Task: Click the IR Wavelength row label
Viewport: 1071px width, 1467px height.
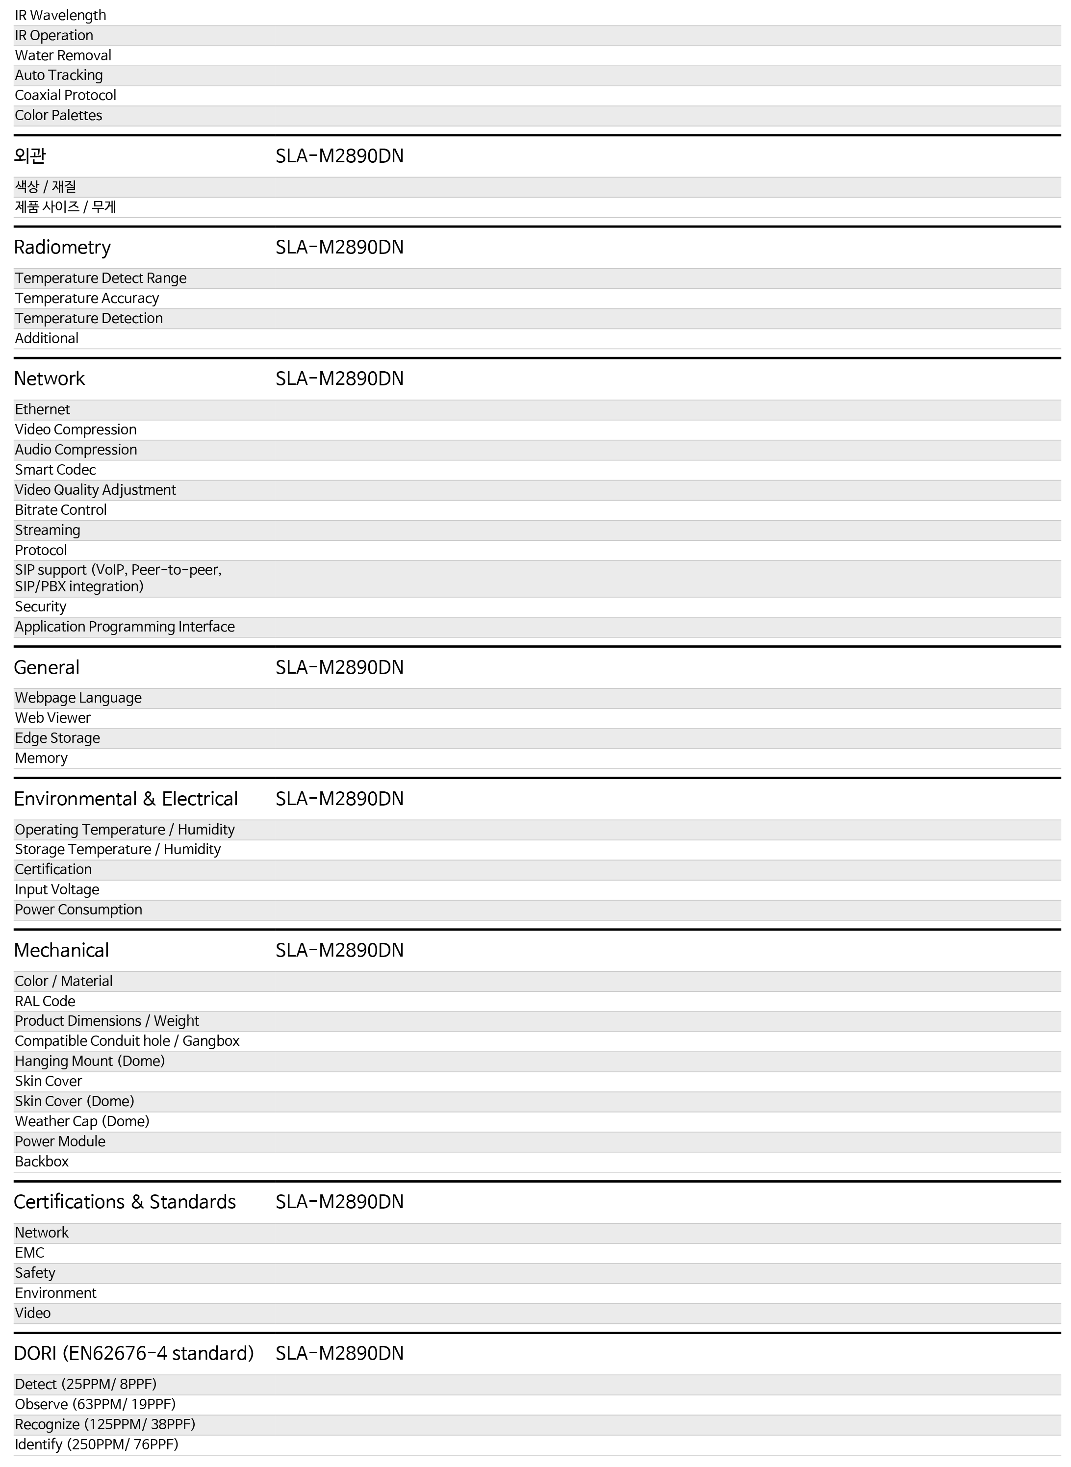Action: click(x=60, y=15)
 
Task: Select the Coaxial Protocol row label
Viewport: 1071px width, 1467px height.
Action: click(x=66, y=95)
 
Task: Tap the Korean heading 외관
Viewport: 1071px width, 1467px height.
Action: click(x=30, y=155)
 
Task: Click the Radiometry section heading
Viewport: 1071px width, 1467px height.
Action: click(x=62, y=247)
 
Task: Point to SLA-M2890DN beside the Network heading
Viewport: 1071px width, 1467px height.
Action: click(x=339, y=379)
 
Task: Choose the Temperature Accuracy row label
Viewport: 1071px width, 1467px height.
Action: click(x=87, y=298)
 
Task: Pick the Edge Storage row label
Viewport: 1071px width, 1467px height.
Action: click(x=57, y=738)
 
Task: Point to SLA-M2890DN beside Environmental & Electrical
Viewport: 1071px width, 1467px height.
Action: click(x=339, y=799)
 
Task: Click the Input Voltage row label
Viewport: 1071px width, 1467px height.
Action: click(x=57, y=889)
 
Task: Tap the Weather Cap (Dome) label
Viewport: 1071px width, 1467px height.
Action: click(x=82, y=1121)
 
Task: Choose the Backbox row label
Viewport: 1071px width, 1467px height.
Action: click(x=42, y=1161)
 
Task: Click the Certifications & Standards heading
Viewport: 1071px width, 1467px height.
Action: click(x=125, y=1201)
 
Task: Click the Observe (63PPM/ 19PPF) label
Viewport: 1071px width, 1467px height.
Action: click(x=95, y=1404)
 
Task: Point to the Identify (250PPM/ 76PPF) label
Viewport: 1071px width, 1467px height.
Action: click(x=97, y=1444)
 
